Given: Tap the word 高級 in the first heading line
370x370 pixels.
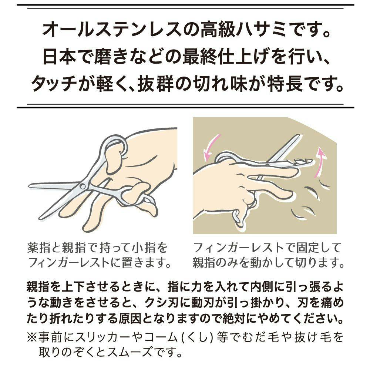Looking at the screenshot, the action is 217,30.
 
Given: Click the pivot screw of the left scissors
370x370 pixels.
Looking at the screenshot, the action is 83,186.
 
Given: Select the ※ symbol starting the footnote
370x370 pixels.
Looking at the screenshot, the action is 31,337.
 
